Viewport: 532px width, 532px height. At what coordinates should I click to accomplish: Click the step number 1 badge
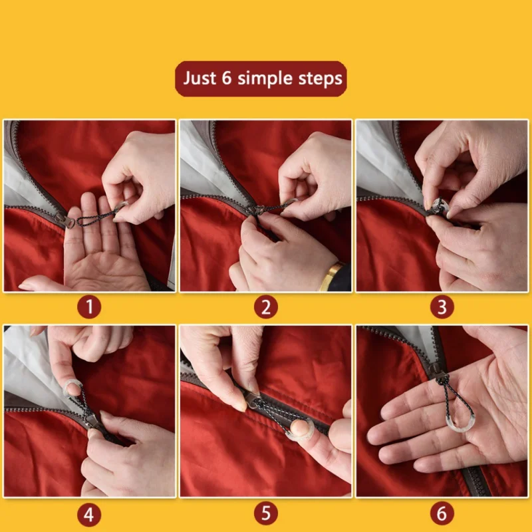tap(89, 307)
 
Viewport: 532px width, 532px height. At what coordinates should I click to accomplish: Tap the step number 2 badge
tap(265, 307)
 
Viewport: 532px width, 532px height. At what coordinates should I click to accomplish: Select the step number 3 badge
tap(442, 307)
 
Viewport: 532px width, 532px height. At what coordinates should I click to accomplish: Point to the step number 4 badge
tap(89, 513)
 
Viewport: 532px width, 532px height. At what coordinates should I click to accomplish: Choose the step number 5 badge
tap(265, 513)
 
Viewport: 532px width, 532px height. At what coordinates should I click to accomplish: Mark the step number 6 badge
tap(442, 513)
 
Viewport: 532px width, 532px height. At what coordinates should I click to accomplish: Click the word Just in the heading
tap(199, 78)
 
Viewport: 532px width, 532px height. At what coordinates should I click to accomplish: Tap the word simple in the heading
tap(265, 79)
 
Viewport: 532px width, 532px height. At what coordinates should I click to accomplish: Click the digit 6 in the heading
tap(227, 78)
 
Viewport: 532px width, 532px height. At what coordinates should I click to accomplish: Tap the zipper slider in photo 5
tap(251, 400)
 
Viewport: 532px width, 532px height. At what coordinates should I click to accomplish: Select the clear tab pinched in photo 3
tap(440, 206)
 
